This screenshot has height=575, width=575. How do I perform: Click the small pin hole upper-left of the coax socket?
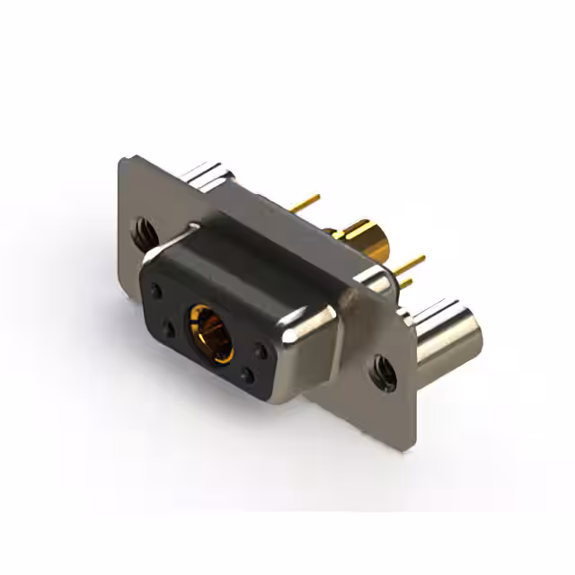click(158, 292)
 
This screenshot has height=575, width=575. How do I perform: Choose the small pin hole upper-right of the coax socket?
click(260, 351)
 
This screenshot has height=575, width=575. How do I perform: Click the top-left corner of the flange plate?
click(123, 160)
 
